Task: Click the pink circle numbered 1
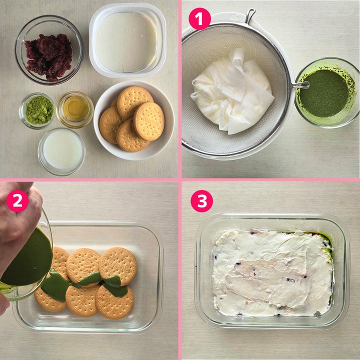[199, 19]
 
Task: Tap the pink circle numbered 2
[17, 201]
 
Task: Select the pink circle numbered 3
[202, 201]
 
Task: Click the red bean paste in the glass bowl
[48, 57]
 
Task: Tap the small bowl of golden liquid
[75, 109]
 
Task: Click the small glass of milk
[61, 151]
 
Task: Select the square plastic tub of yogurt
[127, 40]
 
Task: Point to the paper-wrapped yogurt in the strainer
[232, 92]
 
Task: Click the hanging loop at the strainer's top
[250, 15]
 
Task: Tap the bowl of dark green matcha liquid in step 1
[326, 93]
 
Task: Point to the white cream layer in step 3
[272, 273]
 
